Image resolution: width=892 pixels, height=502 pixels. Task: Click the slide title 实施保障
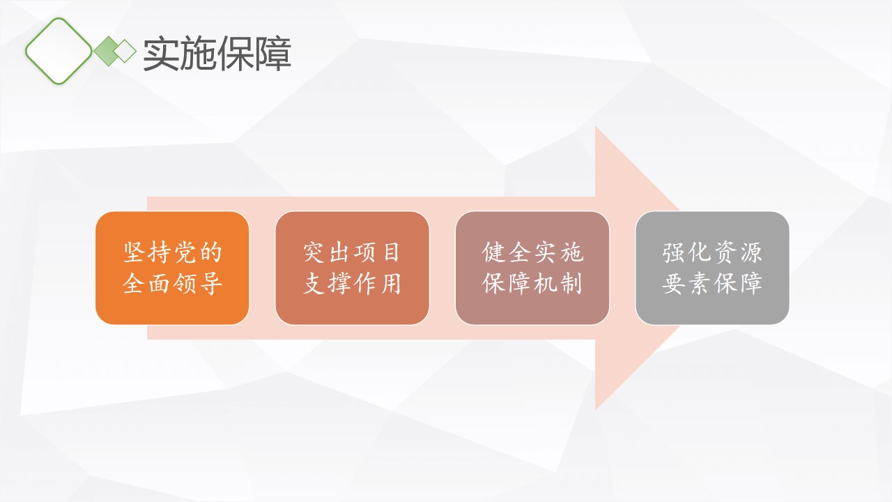coord(217,54)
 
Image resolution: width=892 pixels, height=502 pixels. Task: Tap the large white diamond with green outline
coord(59,51)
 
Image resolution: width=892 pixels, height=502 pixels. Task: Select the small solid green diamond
coord(108,51)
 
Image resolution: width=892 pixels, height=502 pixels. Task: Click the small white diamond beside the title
coord(125,51)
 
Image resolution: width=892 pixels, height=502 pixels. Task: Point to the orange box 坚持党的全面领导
coord(172,268)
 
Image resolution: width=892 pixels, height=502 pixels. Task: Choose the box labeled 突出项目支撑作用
coord(353,268)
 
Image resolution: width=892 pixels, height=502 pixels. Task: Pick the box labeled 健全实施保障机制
coord(532,268)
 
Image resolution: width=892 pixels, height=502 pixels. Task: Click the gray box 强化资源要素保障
coord(712,268)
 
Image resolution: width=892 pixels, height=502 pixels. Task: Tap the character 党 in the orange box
coord(185,252)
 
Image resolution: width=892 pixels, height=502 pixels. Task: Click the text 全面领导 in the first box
coord(172,284)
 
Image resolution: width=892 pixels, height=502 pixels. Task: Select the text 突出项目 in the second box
coord(352,252)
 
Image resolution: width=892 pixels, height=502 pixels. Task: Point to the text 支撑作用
coord(352,284)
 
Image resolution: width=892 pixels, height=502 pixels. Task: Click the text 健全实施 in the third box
coord(533,252)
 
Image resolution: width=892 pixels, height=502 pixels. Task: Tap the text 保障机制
coord(532,284)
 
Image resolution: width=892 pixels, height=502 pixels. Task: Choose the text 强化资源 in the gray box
coord(712,252)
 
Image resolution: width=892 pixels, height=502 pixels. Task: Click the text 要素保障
coord(712,284)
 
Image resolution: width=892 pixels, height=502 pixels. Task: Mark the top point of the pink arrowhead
coord(595,127)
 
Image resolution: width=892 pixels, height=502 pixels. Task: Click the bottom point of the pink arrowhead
coord(595,409)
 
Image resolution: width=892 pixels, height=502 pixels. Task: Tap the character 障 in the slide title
coord(274,54)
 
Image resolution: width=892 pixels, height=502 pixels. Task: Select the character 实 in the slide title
coord(160,54)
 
